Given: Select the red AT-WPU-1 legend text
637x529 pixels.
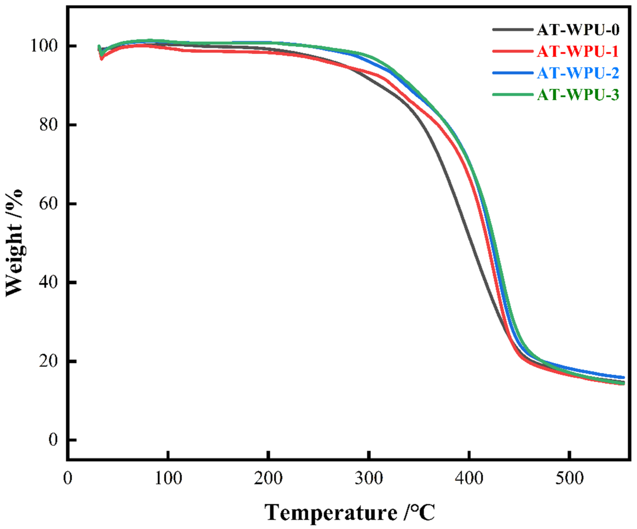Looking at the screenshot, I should pos(578,51).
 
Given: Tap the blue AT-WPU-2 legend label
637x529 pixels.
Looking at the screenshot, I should pos(578,73).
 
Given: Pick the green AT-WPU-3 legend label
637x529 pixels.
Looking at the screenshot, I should pos(578,95).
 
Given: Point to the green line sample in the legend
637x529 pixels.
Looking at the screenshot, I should pos(513,95).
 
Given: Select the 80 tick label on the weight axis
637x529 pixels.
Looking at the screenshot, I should pos(48,125).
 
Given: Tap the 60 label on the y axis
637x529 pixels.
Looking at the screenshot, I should pos(48,204).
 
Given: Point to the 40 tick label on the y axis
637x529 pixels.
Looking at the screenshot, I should pos(48,282).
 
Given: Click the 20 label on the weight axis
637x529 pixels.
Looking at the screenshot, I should pos(48,361).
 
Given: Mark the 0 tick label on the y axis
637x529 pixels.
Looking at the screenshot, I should pos(53,439).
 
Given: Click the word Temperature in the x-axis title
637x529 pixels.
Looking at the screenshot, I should pos(331,513).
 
